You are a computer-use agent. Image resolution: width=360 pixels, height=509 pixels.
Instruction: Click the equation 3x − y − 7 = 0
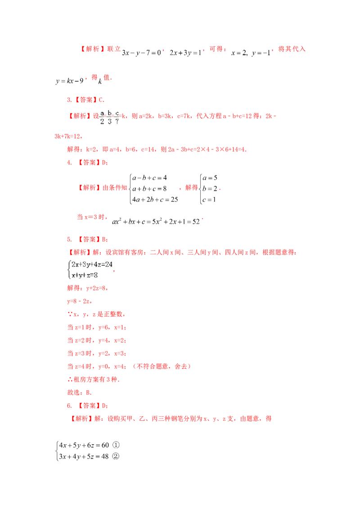(141, 53)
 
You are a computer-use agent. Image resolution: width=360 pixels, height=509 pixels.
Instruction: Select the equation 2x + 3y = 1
(185, 53)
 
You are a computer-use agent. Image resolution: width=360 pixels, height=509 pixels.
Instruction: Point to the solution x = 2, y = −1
(251, 53)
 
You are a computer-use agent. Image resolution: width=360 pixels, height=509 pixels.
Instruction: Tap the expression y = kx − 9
(70, 81)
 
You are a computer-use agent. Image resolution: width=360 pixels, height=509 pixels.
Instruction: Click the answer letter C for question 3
(101, 100)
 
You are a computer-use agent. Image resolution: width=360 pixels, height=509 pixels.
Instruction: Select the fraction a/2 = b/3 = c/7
(109, 117)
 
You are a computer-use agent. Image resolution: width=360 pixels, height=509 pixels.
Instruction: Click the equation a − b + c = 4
(149, 178)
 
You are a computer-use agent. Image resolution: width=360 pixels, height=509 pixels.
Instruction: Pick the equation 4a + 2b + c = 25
(155, 200)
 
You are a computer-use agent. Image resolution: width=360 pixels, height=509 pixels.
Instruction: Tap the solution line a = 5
(210, 178)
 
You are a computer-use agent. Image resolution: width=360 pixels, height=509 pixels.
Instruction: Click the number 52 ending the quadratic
(196, 222)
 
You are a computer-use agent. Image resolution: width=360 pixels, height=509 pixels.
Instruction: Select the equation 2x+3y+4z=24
(92, 264)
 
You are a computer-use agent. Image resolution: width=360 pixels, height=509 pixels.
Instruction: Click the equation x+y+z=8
(85, 275)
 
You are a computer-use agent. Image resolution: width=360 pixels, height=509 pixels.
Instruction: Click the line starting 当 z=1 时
(96, 327)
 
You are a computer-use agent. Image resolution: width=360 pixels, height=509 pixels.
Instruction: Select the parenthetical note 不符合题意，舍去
(162, 366)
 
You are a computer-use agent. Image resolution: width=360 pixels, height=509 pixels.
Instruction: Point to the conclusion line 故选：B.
(79, 393)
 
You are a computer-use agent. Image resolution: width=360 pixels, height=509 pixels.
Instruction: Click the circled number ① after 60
(116, 445)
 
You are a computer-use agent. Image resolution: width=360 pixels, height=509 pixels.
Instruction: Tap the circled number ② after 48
(116, 456)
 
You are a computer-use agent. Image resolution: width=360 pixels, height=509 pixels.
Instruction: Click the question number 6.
(69, 406)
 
